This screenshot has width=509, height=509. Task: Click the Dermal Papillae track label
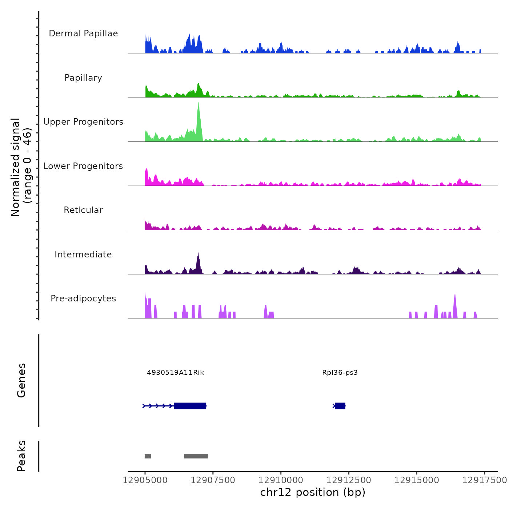[x=83, y=33]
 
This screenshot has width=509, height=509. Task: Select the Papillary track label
[x=83, y=78]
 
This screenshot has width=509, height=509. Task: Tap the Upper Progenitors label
[x=83, y=122]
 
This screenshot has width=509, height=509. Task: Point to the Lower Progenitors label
[x=83, y=166]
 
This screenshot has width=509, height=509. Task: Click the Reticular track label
[x=83, y=210]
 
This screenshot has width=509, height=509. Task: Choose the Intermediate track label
[x=83, y=254]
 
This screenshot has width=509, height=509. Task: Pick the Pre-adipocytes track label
[x=83, y=298]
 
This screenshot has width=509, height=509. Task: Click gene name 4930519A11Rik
[x=175, y=373]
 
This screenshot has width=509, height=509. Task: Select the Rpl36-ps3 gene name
[x=340, y=373]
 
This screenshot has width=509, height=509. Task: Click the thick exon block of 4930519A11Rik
[x=190, y=406]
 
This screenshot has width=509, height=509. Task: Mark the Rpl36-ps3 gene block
[x=340, y=406]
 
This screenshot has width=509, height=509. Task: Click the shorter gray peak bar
[x=148, y=456]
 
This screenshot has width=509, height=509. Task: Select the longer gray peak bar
[x=196, y=456]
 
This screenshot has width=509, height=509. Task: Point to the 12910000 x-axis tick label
[x=281, y=480]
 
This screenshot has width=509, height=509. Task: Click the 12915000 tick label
[x=417, y=480]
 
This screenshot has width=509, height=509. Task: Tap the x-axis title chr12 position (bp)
[x=313, y=492]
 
